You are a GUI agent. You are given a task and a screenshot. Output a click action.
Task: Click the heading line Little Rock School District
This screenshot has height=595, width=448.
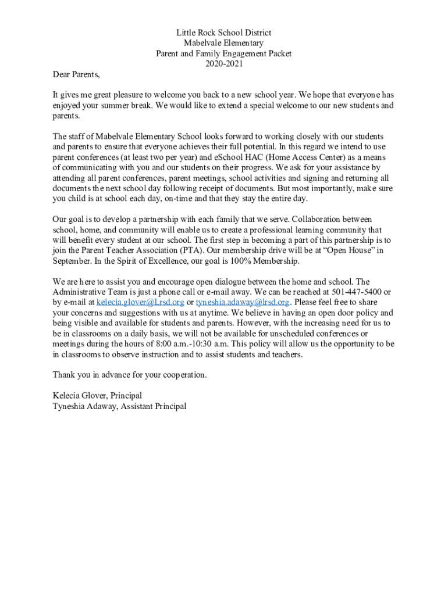pyautogui.click(x=223, y=33)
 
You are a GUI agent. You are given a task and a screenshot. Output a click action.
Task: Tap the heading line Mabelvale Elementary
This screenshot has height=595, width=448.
pyautogui.click(x=223, y=43)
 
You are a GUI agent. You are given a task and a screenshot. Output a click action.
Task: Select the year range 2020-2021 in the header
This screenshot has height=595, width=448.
pyautogui.click(x=223, y=64)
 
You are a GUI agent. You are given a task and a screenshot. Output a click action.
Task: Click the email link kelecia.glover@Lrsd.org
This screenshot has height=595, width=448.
pyautogui.click(x=140, y=302)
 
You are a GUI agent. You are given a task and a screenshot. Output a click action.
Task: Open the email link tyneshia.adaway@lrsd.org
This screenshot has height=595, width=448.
pyautogui.click(x=243, y=302)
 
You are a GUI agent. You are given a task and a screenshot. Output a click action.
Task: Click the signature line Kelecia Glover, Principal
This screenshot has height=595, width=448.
pyautogui.click(x=97, y=396)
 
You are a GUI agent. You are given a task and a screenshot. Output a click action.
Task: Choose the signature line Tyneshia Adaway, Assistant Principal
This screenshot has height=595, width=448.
pyautogui.click(x=119, y=406)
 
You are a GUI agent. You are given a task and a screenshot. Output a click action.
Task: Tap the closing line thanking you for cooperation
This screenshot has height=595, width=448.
pyautogui.click(x=129, y=375)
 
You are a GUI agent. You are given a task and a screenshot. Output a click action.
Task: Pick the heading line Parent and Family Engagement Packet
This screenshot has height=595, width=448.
pyautogui.click(x=223, y=53)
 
